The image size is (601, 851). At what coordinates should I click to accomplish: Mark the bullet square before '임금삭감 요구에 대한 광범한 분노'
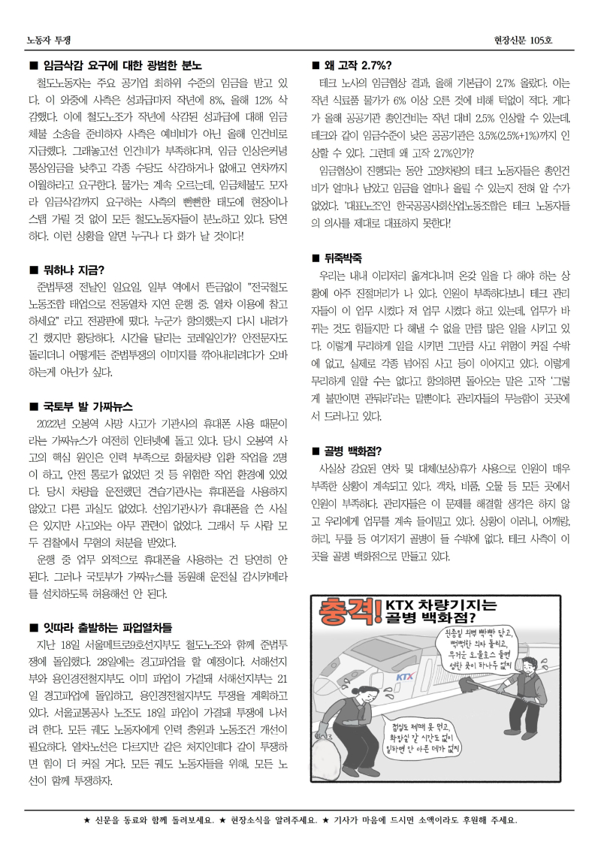point(33,65)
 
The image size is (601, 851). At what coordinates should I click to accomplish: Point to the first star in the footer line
point(86,820)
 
